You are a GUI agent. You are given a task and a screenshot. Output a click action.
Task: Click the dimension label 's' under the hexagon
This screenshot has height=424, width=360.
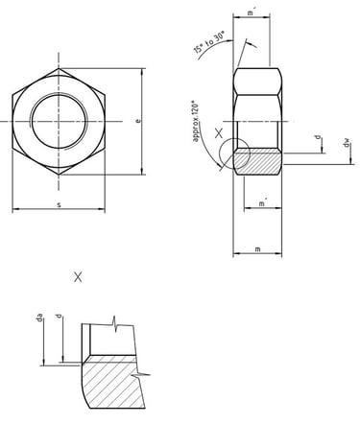pyautogui.click(x=60, y=204)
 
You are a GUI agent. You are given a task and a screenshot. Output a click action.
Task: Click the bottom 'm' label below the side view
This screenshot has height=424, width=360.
pyautogui.click(x=260, y=249)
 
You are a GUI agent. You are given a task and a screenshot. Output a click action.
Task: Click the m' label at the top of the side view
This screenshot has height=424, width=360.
pyautogui.click(x=252, y=12)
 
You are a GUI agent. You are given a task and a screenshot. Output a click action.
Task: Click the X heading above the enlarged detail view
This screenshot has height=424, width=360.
pyautogui.click(x=78, y=277)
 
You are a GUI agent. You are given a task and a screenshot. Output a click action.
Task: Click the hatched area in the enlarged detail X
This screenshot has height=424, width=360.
pyautogui.click(x=106, y=384)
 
